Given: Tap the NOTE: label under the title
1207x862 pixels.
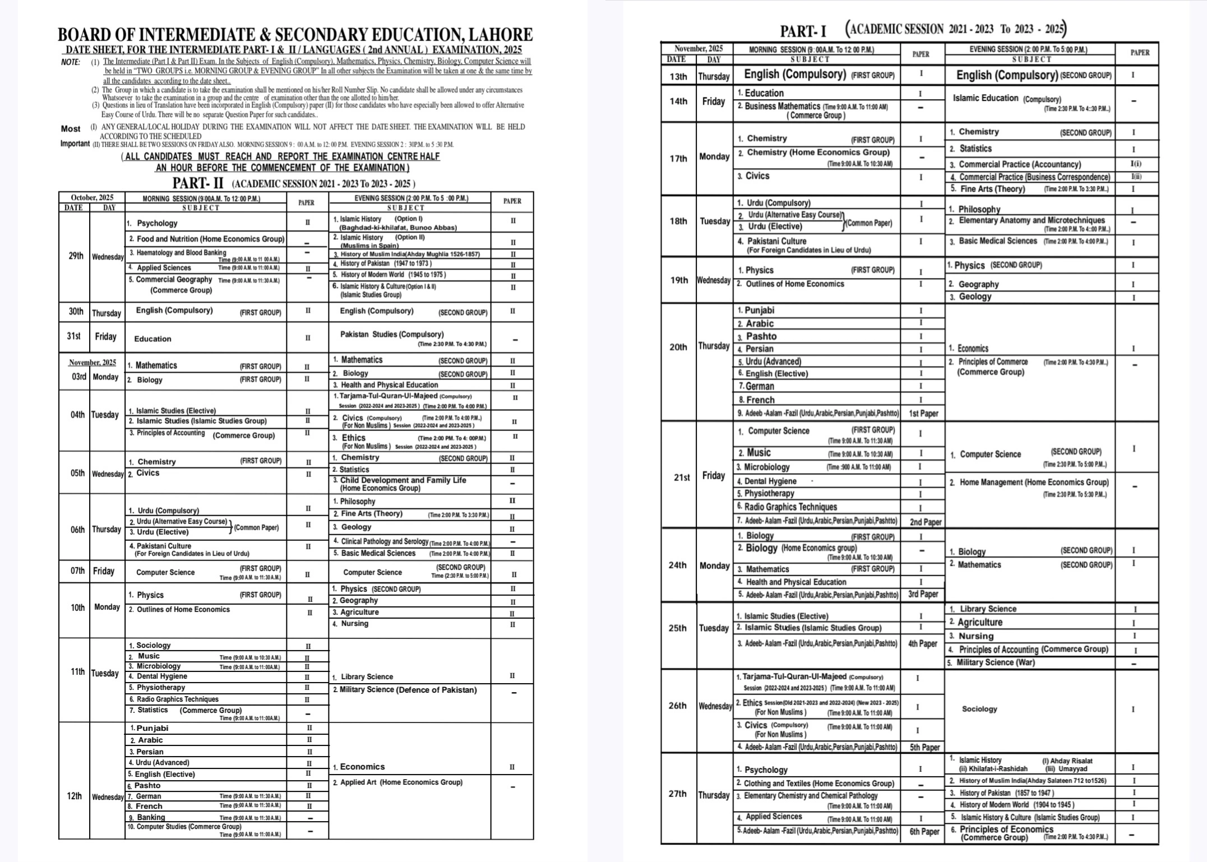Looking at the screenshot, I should (71, 62).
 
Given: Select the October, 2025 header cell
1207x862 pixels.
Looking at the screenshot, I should (92, 197).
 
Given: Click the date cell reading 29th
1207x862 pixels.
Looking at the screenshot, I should (76, 256).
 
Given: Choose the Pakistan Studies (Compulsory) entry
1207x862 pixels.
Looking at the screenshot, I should (392, 334).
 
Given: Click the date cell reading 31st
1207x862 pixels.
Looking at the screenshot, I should (73, 336).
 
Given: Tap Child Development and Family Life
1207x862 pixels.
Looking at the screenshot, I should (403, 480).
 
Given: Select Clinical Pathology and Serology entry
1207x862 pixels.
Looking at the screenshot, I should (385, 541).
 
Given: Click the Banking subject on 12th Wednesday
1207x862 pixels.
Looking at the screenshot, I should (151, 817).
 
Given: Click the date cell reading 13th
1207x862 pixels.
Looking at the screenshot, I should (678, 76).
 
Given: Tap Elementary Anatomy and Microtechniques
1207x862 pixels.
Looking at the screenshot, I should (1032, 220).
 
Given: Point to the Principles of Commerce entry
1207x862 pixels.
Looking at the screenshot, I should (993, 362).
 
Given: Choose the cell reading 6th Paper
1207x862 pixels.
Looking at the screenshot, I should (924, 831).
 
